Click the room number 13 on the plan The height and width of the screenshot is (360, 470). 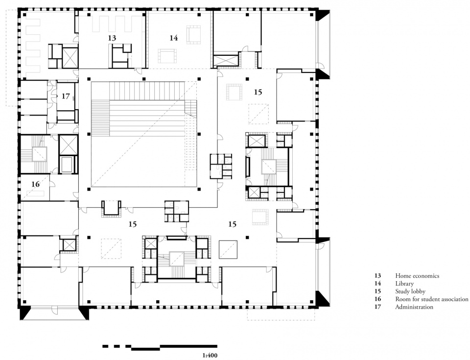112,38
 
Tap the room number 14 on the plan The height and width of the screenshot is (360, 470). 173,38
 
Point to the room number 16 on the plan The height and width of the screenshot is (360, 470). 35,184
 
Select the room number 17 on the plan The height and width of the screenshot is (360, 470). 66,96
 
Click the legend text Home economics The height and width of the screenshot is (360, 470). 417,276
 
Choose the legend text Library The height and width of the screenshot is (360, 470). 404,284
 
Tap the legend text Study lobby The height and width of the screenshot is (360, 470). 410,291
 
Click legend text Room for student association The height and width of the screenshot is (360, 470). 432,299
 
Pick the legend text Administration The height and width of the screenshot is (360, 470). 414,307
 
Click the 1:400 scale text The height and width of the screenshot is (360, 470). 210,356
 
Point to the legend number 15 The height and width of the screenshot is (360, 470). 377,291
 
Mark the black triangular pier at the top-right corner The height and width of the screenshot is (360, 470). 323,15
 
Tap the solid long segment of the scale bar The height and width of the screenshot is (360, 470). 189,346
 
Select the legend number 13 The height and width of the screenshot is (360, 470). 377,276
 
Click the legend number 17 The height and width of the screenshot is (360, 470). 377,307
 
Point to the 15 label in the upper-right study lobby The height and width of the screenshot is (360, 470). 258,92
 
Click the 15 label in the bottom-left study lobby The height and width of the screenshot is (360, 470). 133,224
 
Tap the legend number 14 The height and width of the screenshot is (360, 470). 377,284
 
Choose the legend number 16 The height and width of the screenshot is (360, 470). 377,299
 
